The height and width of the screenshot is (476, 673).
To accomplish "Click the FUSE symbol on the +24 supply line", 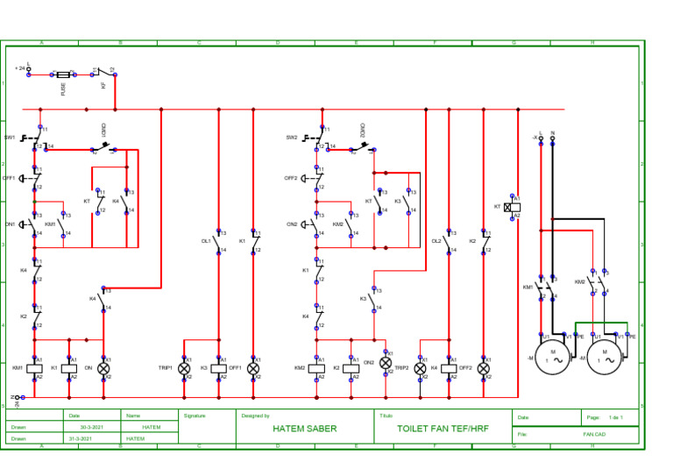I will (63, 75).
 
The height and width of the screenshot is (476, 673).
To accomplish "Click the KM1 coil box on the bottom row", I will (36, 368).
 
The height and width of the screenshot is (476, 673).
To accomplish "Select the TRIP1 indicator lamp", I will (184, 368).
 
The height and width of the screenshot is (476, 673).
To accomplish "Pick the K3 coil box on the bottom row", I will (218, 368).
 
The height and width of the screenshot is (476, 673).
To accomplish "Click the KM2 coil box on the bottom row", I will (317, 368).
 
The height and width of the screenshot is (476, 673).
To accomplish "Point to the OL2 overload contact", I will (448, 241).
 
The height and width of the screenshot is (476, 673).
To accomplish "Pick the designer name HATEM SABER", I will (304, 429).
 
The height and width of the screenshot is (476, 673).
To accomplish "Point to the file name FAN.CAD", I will (594, 433).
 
